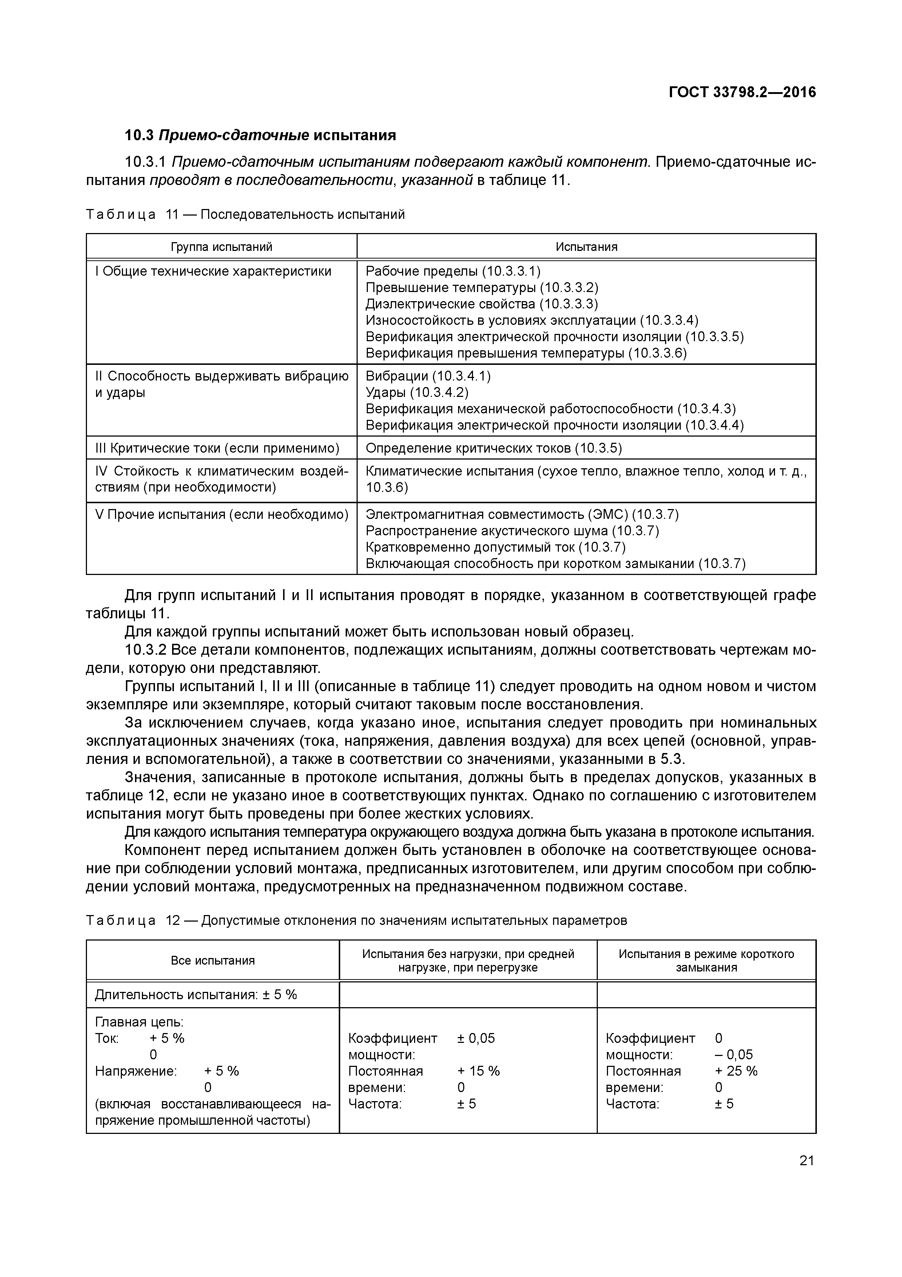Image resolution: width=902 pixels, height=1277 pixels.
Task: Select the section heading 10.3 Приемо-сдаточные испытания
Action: click(260, 135)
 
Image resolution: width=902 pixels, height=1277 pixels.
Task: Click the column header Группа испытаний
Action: click(221, 247)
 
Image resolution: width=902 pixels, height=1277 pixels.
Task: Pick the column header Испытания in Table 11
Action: click(586, 247)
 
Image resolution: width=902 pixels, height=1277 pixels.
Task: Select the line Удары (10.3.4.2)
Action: click(417, 393)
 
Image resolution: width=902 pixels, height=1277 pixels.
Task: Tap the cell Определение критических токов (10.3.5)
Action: click(493, 448)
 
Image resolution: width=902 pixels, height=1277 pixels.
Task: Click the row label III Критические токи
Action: click(217, 448)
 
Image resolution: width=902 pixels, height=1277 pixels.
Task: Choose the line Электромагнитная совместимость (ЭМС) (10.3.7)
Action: click(522, 515)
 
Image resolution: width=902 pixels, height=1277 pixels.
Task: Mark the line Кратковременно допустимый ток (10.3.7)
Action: click(495, 547)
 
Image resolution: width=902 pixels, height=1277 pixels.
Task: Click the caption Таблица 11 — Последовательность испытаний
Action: click(245, 215)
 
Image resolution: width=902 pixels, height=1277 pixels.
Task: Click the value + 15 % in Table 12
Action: click(478, 1071)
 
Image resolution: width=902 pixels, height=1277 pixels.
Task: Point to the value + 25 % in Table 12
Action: click(736, 1071)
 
